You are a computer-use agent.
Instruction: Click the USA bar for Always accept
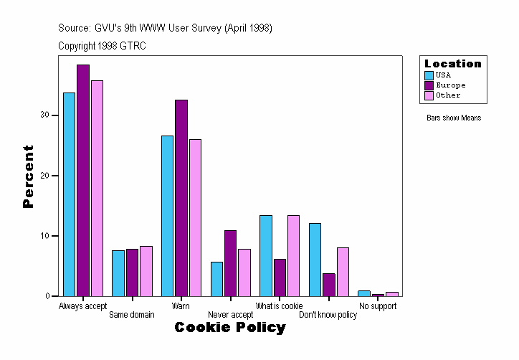pyautogui.click(x=69, y=194)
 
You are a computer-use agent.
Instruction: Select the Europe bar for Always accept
pyautogui.click(x=83, y=180)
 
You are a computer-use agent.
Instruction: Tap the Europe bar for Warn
pyautogui.click(x=181, y=198)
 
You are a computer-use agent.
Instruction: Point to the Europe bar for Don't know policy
pyautogui.click(x=328, y=285)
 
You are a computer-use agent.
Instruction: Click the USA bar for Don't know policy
pyautogui.click(x=315, y=260)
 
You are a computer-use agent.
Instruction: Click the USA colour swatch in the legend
pyautogui.click(x=429, y=75)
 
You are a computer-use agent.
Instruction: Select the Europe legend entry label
pyautogui.click(x=450, y=85)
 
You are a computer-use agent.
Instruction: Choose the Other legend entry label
pyautogui.click(x=448, y=95)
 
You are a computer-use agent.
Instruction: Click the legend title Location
pyautogui.click(x=453, y=64)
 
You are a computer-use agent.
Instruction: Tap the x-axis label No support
pyautogui.click(x=378, y=306)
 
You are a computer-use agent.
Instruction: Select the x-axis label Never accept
pyautogui.click(x=230, y=315)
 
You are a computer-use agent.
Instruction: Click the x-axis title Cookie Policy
pyautogui.click(x=230, y=328)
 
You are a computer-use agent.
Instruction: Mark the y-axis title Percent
pyautogui.click(x=28, y=176)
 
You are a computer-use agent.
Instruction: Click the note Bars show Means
pyautogui.click(x=454, y=118)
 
